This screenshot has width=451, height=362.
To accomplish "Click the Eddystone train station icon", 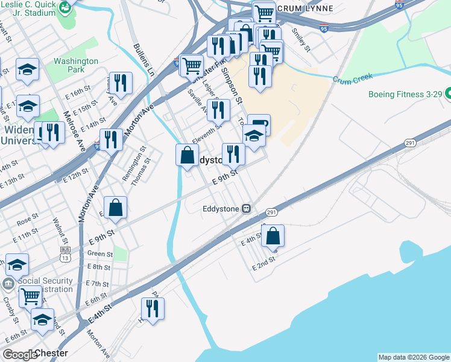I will click(x=246, y=209).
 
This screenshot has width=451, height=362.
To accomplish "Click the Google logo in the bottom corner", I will click(x=20, y=355).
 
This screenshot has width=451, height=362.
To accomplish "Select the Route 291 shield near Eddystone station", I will click(x=271, y=212).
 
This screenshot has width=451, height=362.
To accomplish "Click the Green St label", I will click(x=99, y=254).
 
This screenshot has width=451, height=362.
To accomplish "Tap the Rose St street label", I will click(x=27, y=220).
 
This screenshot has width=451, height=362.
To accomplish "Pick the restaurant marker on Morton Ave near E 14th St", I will click(x=111, y=139).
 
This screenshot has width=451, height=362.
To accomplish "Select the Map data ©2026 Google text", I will click(x=414, y=357).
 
